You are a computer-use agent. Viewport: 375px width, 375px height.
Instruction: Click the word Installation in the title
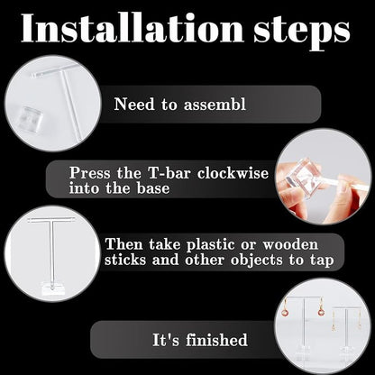[x=133, y=28]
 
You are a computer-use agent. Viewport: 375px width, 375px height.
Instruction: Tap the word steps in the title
[x=302, y=31]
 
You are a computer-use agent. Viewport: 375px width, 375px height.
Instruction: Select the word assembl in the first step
[x=215, y=105]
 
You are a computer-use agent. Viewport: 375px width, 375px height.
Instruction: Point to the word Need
[x=134, y=105]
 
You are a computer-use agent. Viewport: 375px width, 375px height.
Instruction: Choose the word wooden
[x=290, y=244]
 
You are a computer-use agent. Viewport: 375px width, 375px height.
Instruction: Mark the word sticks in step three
[x=125, y=260]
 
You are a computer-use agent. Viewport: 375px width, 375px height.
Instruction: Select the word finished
[x=216, y=340]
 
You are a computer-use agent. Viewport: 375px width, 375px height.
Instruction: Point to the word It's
[x=166, y=340]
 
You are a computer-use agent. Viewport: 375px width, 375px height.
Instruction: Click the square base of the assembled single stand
[x=52, y=288]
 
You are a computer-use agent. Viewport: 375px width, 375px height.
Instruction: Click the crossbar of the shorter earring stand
[x=346, y=308]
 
